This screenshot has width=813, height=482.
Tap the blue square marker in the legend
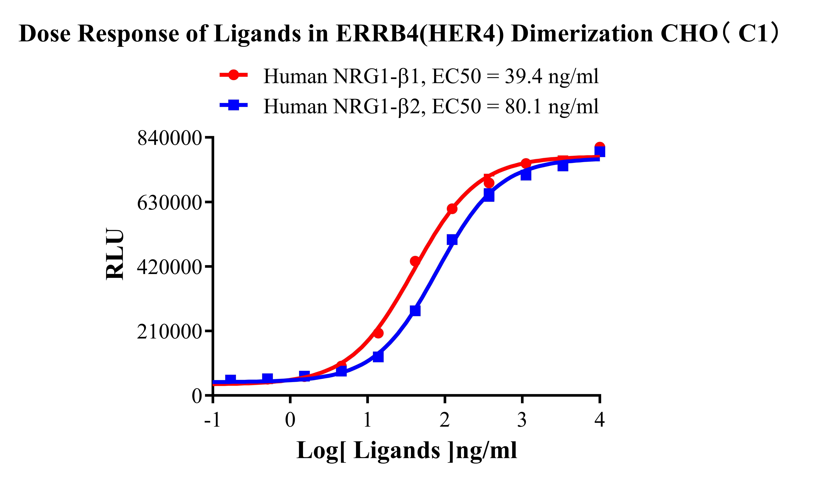pyautogui.click(x=233, y=105)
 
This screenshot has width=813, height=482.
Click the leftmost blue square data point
pyautogui.click(x=230, y=379)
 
